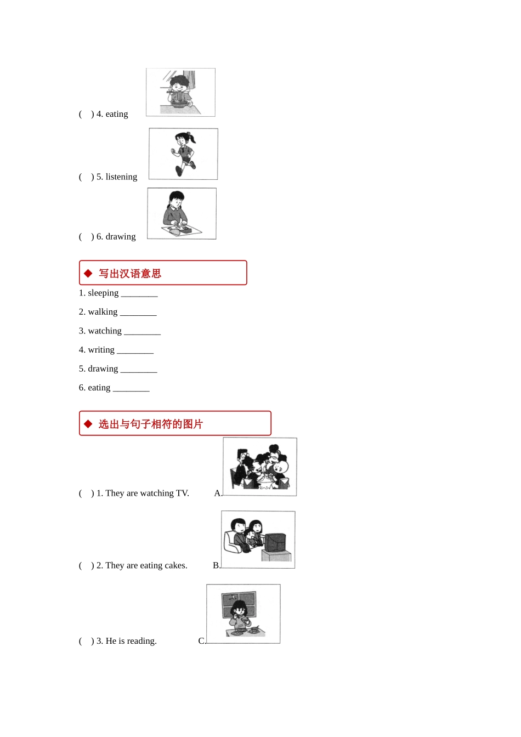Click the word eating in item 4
pyautogui.click(x=116, y=114)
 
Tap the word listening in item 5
pyautogui.click(x=121, y=177)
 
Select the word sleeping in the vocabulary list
pyautogui.click(x=103, y=293)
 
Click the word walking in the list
pyautogui.click(x=103, y=311)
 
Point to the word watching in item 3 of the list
pyautogui.click(x=105, y=331)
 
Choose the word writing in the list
pyautogui.click(x=101, y=350)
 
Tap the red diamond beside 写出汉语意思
pyautogui.click(x=88, y=273)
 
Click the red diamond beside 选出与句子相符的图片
pyautogui.click(x=88, y=424)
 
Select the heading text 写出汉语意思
pyautogui.click(x=130, y=274)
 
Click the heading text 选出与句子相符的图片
pyautogui.click(x=151, y=424)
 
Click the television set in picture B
pyautogui.click(x=275, y=543)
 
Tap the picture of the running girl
pyautogui.click(x=183, y=154)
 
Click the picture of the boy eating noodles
pyautogui.click(x=180, y=92)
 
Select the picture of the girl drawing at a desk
pyautogui.click(x=182, y=213)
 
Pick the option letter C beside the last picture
pyautogui.click(x=201, y=641)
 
